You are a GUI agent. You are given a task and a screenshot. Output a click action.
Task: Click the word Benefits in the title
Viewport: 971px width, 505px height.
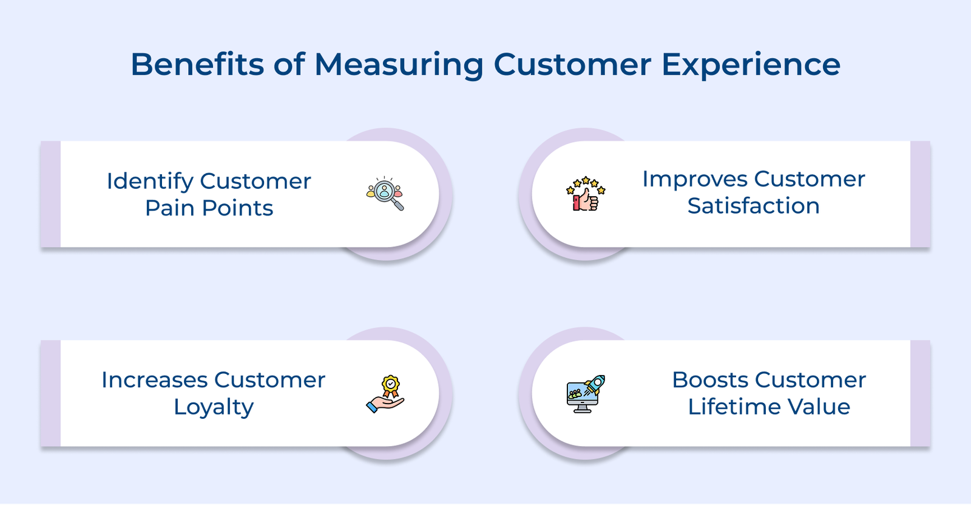(x=197, y=64)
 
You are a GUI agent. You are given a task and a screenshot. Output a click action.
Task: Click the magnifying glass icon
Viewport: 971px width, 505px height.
(x=385, y=194)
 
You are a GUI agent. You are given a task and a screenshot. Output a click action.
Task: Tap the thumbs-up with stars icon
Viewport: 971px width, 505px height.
(x=586, y=194)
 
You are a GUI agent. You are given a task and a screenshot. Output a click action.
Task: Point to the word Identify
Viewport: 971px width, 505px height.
(x=149, y=181)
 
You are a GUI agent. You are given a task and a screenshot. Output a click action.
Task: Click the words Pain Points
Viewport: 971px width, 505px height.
(x=209, y=208)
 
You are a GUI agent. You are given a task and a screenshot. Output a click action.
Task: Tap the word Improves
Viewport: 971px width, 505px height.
(x=694, y=180)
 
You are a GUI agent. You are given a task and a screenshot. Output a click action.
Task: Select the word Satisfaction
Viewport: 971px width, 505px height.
(x=753, y=206)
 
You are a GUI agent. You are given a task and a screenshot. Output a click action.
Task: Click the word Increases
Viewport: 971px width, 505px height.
(x=154, y=380)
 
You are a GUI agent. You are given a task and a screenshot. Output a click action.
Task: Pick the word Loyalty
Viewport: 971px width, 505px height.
(x=214, y=407)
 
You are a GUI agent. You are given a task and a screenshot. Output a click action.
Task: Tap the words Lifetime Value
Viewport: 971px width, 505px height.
(x=769, y=407)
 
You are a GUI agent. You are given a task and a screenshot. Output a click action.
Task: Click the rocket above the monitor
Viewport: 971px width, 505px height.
(x=595, y=384)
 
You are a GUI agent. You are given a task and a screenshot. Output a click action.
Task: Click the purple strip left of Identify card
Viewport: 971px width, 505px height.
(x=50, y=194)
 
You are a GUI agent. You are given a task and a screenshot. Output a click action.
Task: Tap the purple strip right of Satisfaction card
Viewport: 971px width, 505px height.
(x=920, y=194)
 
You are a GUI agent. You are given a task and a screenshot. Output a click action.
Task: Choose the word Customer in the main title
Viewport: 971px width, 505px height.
(x=572, y=64)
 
